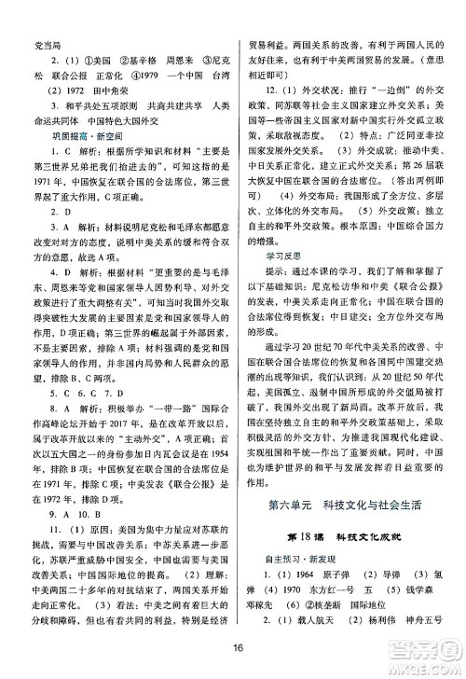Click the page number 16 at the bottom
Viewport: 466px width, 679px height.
239,650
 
